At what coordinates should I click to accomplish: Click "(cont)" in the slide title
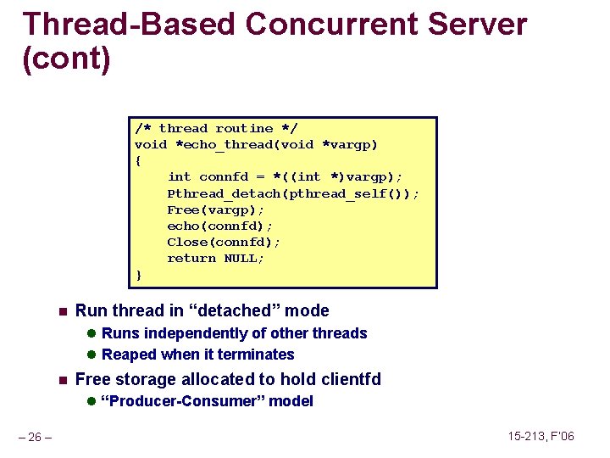66,60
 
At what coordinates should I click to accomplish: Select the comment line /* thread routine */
216,129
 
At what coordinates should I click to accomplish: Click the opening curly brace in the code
138,161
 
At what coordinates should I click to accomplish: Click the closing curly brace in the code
138,275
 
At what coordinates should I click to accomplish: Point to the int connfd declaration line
285,177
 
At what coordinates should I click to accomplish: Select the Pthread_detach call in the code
292,193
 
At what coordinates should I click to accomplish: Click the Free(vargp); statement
215,209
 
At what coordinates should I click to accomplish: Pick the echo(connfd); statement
219,226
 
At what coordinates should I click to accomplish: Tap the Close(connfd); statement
224,243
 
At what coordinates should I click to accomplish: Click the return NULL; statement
215,259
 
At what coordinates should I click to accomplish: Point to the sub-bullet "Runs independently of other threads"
234,333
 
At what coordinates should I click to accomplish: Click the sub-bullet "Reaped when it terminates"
197,355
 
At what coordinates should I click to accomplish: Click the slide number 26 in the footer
36,438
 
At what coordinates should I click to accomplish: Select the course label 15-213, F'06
541,437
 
